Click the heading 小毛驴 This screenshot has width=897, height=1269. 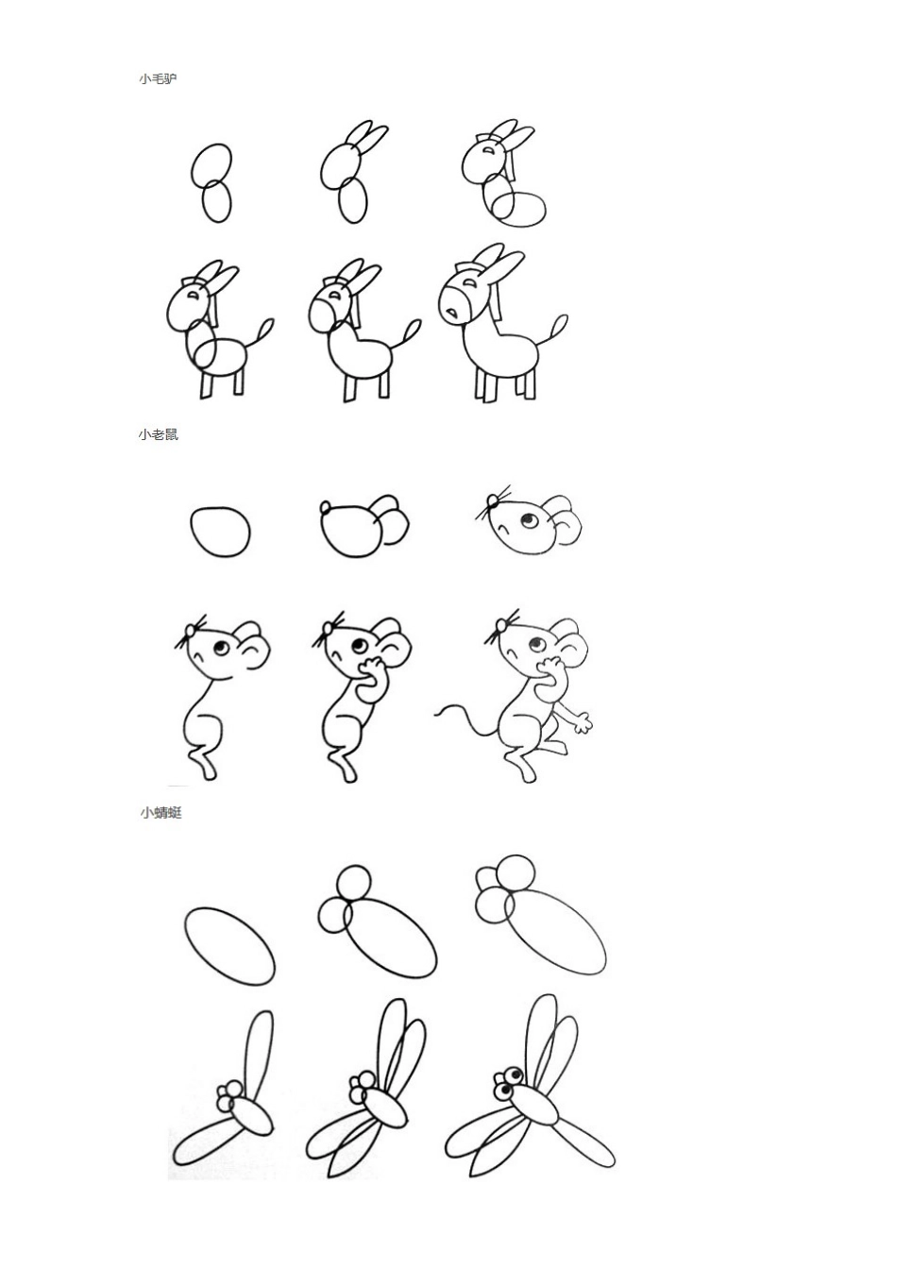[x=157, y=79]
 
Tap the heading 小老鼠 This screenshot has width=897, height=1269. [x=158, y=435]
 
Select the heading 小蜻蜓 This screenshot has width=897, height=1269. [x=161, y=812]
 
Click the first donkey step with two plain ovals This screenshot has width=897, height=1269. [x=213, y=183]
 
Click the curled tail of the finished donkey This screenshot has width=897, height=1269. [x=557, y=331]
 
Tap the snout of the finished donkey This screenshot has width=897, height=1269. [x=452, y=304]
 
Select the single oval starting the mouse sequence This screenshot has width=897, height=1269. [x=220, y=532]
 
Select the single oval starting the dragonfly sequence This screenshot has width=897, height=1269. [x=229, y=945]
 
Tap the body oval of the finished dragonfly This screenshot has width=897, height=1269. [x=534, y=1104]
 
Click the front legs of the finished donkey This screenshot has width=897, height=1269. [x=485, y=383]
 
